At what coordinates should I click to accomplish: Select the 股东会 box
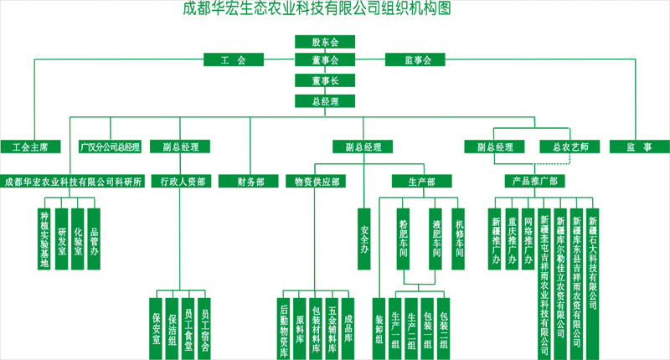325,41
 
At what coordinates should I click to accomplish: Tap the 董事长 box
325,80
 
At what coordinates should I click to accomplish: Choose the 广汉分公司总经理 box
110,147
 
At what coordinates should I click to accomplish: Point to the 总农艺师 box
570,147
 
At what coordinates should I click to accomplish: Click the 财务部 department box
248,180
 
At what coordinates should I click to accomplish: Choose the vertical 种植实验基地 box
45,239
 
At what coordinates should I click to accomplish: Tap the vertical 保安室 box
155,327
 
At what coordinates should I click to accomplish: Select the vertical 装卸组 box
379,327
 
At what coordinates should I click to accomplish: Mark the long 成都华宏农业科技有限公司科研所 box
74,180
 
